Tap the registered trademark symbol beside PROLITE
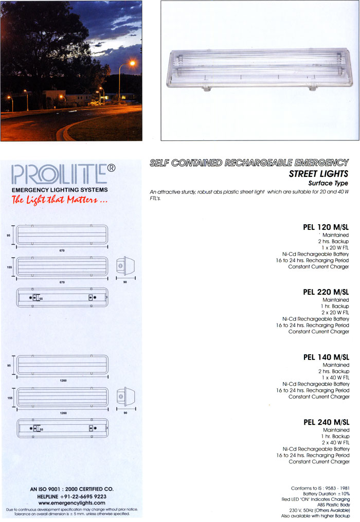click(x=112, y=168)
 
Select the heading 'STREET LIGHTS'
click(x=318, y=174)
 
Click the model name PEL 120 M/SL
click(x=326, y=226)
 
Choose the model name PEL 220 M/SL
click(x=326, y=292)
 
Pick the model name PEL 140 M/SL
click(x=326, y=357)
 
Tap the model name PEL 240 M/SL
click(x=326, y=423)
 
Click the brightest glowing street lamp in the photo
click(x=132, y=63)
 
